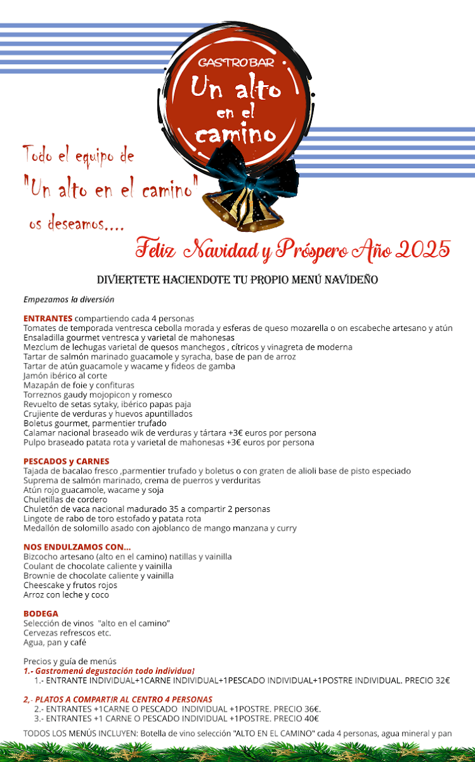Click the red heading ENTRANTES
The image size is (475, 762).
48,318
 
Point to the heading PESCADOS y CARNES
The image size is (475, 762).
66,461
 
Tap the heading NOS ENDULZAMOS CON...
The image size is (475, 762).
77,547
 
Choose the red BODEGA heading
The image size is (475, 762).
41,613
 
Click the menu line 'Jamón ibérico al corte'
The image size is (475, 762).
65,375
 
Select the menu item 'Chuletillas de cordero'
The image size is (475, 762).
66,499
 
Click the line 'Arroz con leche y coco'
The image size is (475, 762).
66,595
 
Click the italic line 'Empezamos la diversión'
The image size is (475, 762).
68,299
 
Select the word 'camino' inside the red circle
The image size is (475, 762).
235,134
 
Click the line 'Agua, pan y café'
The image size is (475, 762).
55,642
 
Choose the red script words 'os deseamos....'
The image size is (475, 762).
75,225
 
